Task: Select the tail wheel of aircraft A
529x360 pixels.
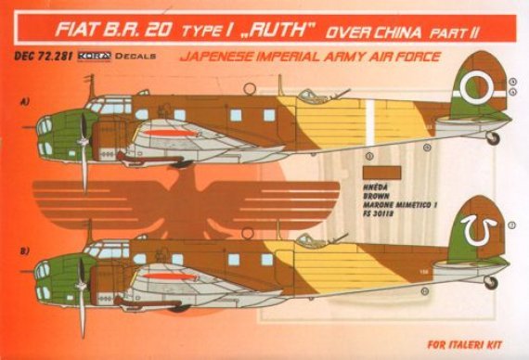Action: click(x=492, y=138)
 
